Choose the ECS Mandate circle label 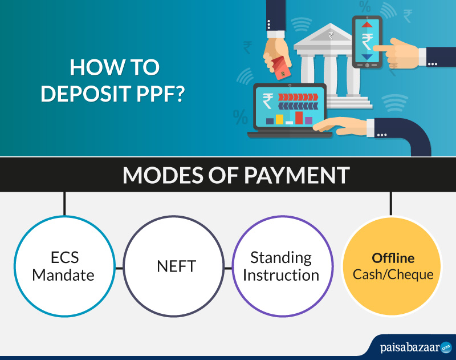point(63,266)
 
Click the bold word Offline point(393,258)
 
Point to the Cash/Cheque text point(393,274)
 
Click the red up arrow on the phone point(367,24)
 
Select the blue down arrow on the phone point(367,56)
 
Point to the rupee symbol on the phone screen point(367,41)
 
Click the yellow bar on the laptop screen point(279,119)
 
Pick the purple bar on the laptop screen point(308,120)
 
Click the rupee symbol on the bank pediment point(331,35)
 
